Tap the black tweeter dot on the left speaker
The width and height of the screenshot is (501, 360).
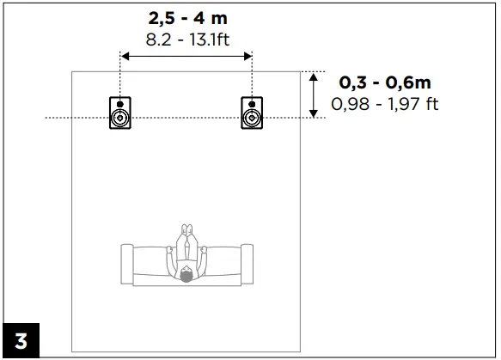click(120, 104)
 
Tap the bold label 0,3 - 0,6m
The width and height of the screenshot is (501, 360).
click(385, 82)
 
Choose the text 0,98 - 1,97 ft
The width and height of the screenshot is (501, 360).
click(385, 104)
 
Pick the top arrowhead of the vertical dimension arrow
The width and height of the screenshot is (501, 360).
click(315, 76)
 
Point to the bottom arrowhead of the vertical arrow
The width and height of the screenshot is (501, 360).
click(315, 113)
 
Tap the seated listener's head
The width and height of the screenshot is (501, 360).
click(186, 275)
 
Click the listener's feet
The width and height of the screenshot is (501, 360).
click(186, 230)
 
